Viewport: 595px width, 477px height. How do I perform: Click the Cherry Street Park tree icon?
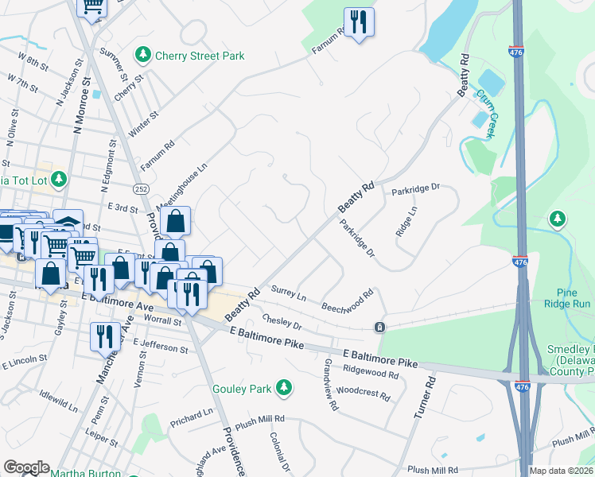pos(143,55)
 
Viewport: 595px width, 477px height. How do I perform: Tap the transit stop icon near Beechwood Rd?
pos(380,328)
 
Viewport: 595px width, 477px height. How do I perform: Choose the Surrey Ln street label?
pos(289,293)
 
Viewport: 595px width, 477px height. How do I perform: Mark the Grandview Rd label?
pos(331,385)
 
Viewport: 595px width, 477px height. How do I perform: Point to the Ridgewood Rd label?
pos(371,372)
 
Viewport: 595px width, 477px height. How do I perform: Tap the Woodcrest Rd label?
pos(363,393)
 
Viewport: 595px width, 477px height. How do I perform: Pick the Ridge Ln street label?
pos(406,221)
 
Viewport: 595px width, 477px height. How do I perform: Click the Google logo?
pos(26,467)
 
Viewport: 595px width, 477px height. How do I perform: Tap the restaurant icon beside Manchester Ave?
pos(104,337)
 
